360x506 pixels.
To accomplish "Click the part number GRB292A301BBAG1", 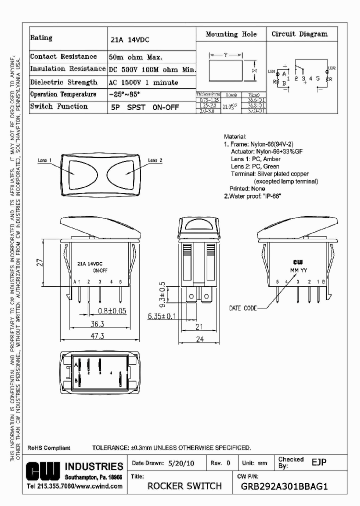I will (284, 486).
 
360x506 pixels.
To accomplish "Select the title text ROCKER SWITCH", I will (184, 486).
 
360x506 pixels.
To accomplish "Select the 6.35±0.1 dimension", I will (162, 316).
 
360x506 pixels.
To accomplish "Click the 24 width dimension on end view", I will (199, 338).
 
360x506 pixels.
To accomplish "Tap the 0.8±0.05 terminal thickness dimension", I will (112, 310).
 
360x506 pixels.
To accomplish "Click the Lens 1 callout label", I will (45, 160).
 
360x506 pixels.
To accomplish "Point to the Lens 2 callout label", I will (155, 160).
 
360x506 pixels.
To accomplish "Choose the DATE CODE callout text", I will (242, 308).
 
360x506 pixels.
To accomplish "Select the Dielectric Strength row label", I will (63, 82).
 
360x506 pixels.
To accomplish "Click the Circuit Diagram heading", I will (299, 34).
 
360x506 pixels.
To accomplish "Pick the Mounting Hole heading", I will (231, 34).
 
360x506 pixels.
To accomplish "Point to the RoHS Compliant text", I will (48, 448).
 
